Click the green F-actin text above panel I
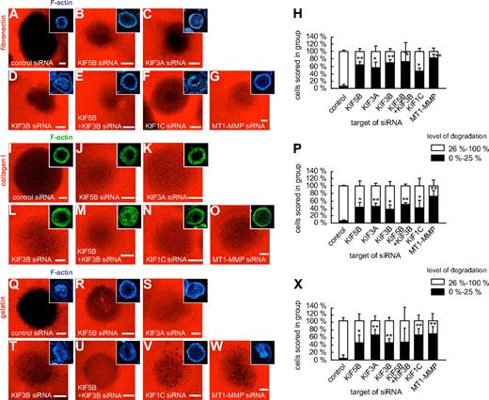coord(57,137)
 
